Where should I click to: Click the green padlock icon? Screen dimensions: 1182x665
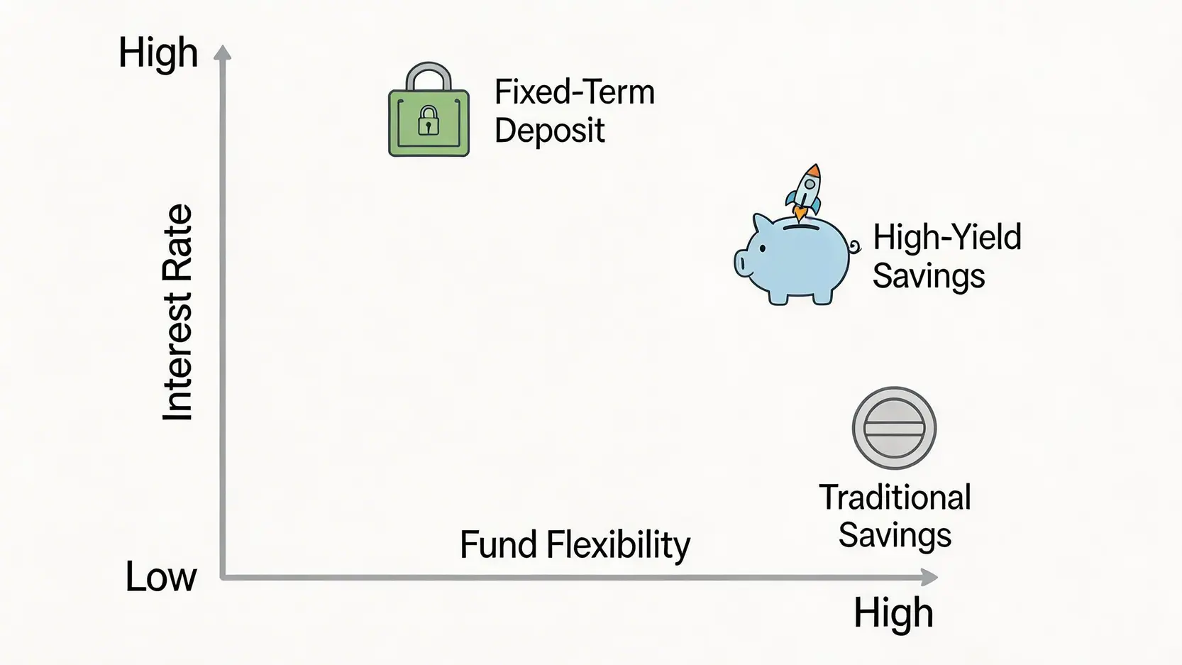click(x=429, y=110)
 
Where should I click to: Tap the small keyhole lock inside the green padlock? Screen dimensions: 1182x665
click(x=429, y=121)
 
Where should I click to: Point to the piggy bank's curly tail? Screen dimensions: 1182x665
click(x=854, y=246)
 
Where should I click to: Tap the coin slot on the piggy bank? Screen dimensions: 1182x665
click(x=800, y=227)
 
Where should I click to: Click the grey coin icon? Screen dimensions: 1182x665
click(x=894, y=428)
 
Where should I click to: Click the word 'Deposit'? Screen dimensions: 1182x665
click(x=549, y=131)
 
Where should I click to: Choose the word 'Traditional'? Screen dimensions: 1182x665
click(x=895, y=498)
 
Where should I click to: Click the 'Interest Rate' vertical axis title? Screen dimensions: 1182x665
click(x=177, y=312)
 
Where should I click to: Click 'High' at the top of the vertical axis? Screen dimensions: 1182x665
click(x=158, y=53)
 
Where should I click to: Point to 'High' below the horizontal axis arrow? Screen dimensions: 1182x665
click(x=893, y=612)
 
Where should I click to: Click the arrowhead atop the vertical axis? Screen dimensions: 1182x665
click(x=223, y=53)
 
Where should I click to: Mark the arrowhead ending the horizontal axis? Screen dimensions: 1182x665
click(x=929, y=577)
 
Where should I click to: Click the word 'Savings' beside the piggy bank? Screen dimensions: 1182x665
click(x=929, y=276)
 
